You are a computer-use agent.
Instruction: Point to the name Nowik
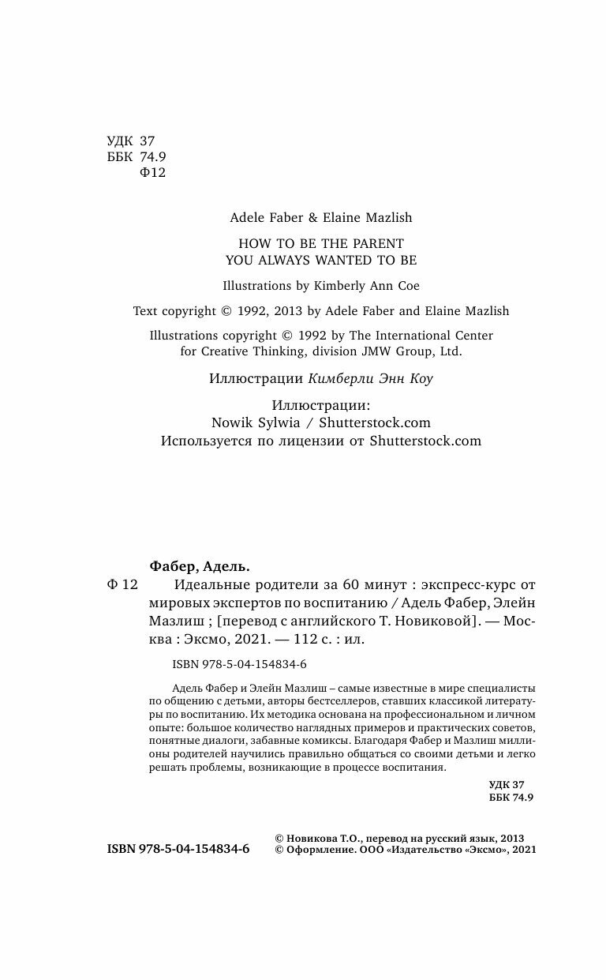(x=233, y=423)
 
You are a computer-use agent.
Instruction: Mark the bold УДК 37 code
(x=507, y=785)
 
